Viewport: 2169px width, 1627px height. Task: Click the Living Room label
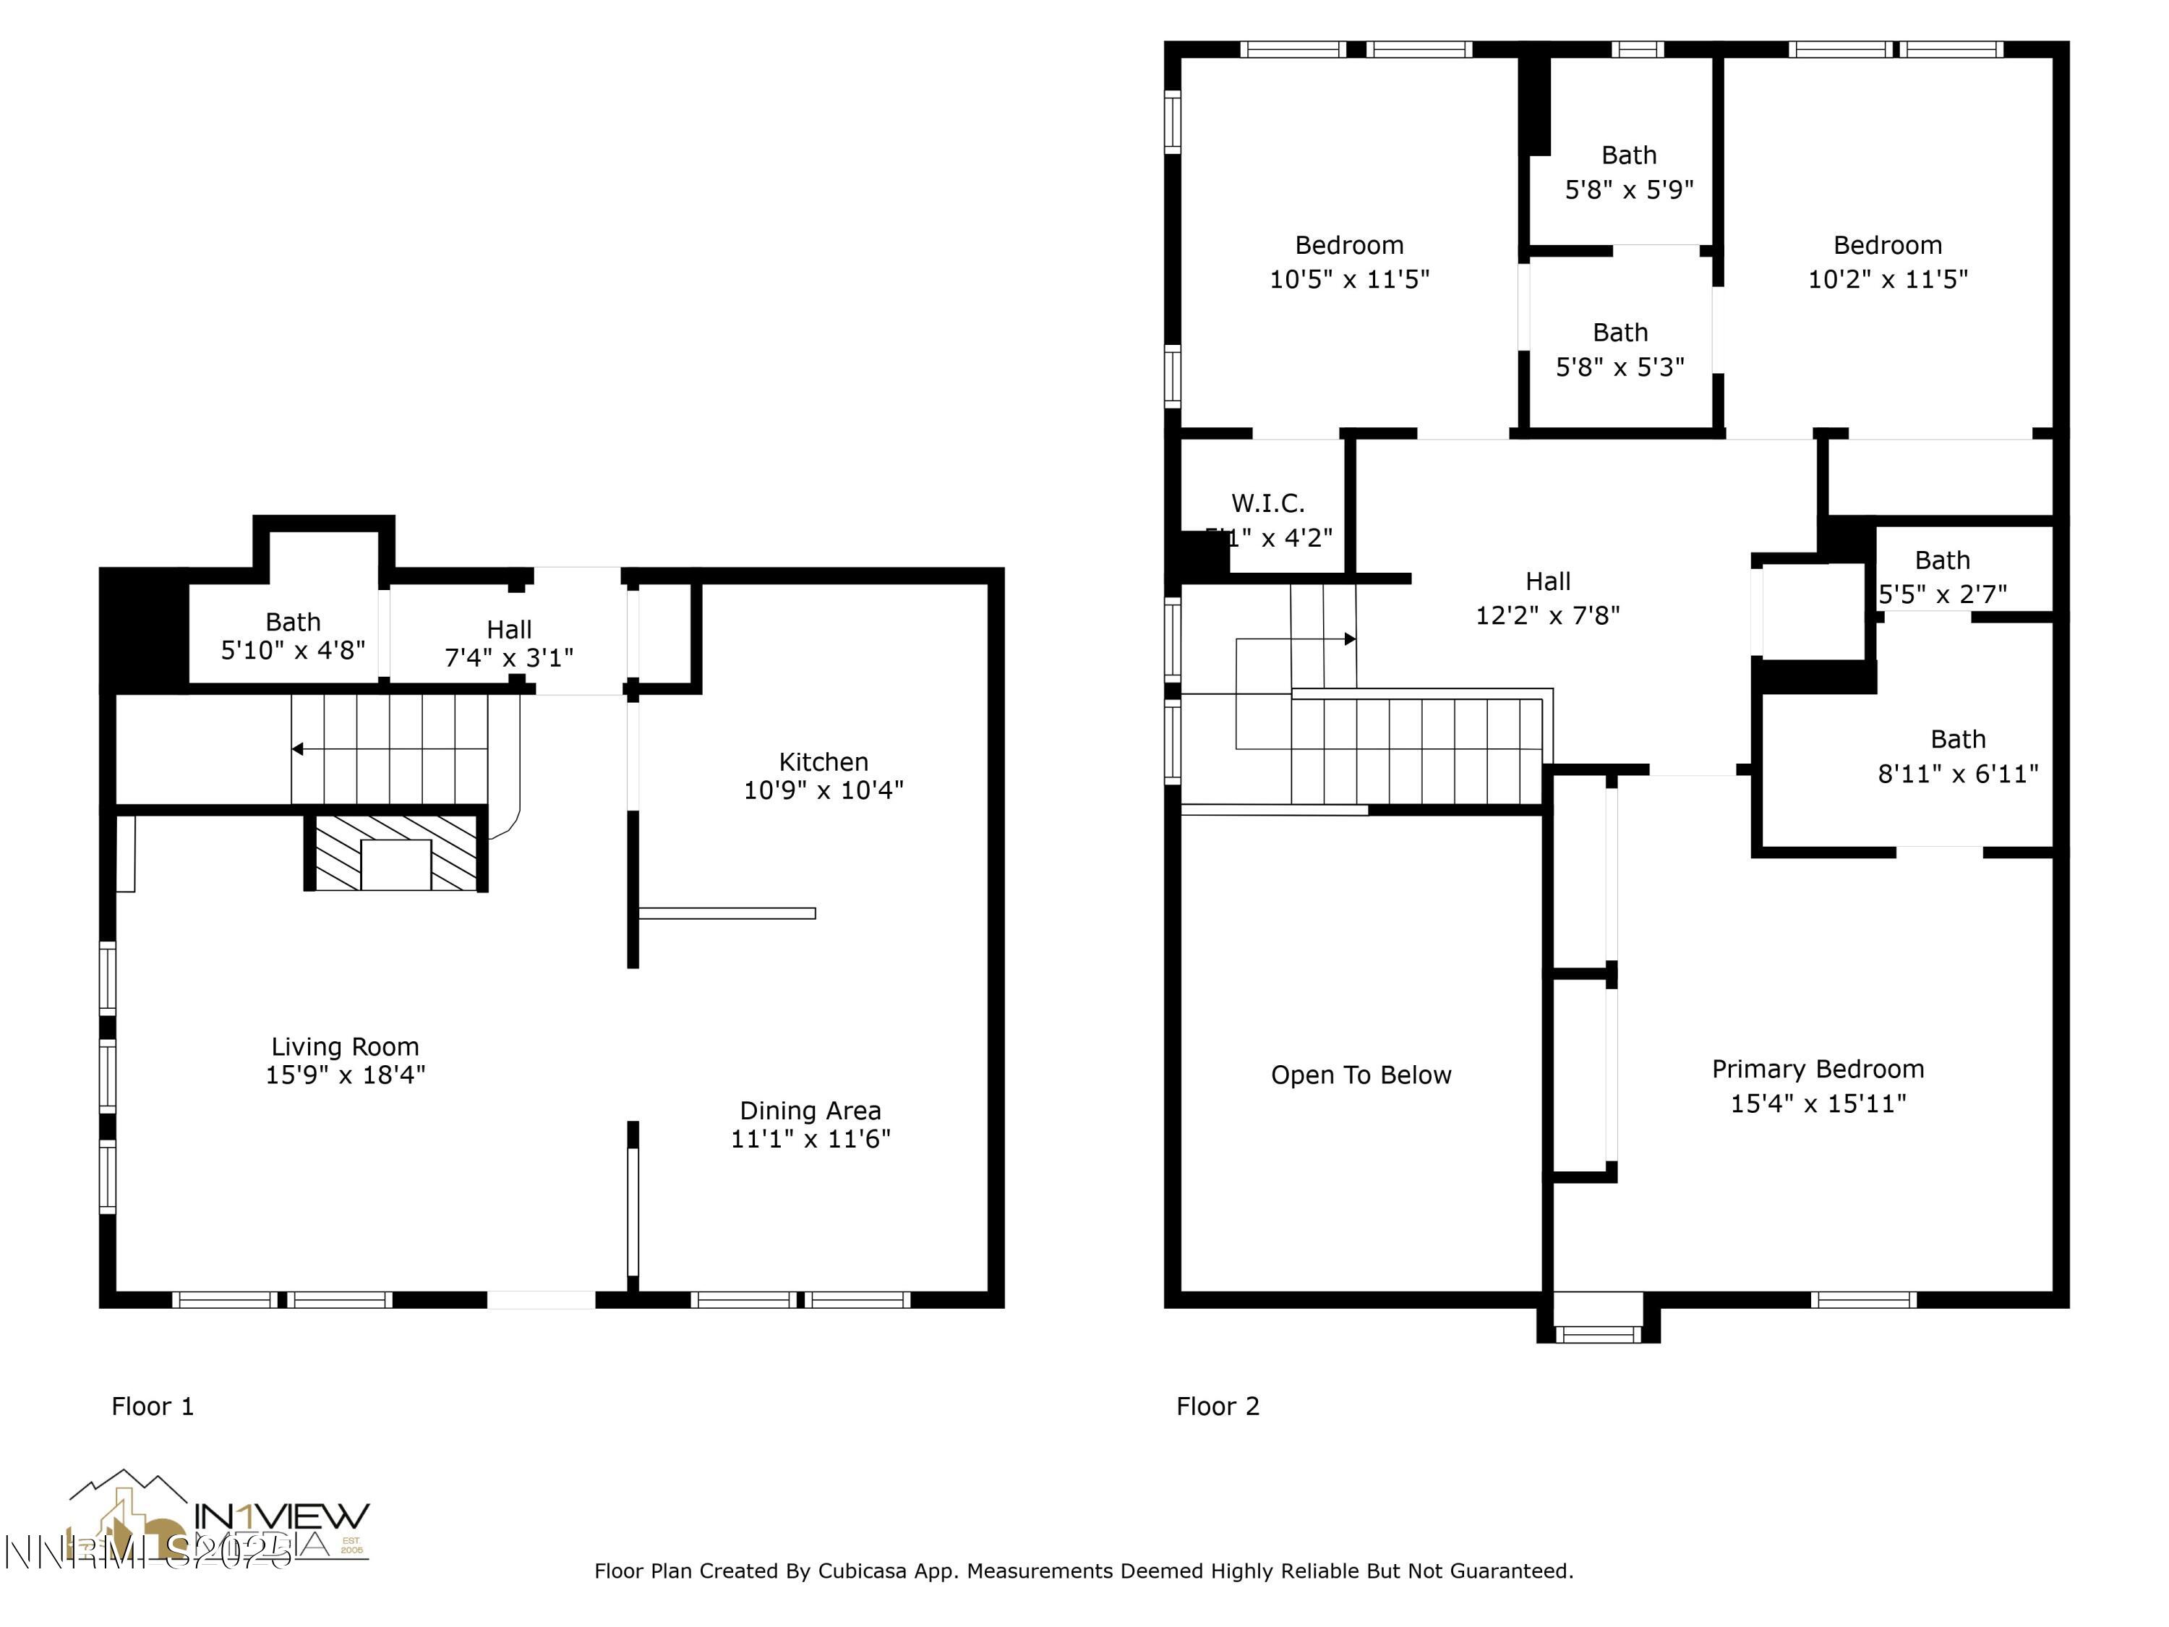pos(345,1046)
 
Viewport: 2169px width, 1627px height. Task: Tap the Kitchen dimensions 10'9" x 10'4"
pos(823,790)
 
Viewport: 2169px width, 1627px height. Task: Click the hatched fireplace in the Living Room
pos(396,853)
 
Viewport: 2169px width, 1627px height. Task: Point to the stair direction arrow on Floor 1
pos(297,749)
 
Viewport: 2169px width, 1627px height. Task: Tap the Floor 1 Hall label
pos(509,630)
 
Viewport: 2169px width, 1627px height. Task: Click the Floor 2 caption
pos(1217,1406)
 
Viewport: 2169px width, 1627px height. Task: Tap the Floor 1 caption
pos(153,1406)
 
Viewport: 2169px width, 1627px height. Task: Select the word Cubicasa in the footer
pos(862,1571)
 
